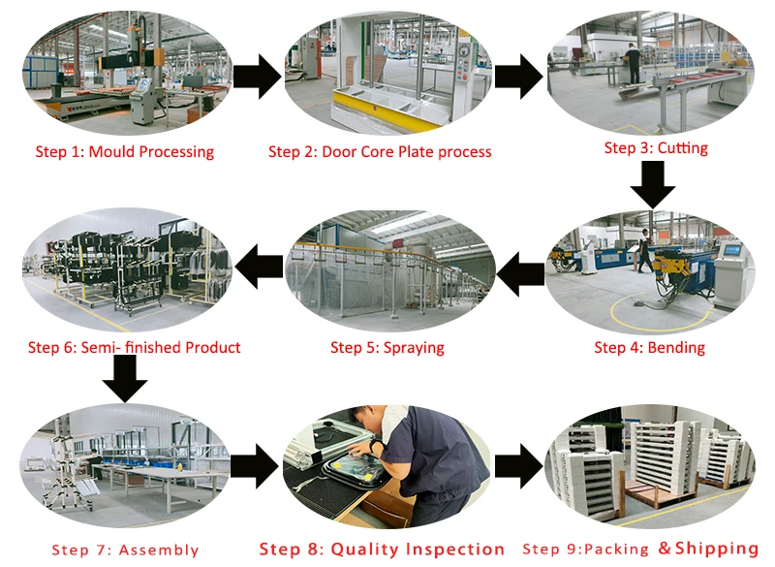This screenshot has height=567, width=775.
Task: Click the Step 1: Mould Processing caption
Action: [x=124, y=152]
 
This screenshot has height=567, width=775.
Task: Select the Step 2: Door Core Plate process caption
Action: [x=380, y=152]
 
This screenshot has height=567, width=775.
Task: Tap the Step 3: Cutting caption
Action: [x=656, y=148]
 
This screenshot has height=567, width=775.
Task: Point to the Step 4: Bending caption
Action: [x=649, y=348]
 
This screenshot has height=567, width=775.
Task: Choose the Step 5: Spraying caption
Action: [x=387, y=348]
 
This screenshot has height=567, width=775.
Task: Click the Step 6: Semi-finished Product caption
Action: [x=134, y=347]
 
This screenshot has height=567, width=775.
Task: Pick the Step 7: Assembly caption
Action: [x=125, y=551]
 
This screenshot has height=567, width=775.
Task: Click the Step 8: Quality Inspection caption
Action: [x=382, y=550]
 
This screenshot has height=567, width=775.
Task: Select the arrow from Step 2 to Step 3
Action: [x=518, y=77]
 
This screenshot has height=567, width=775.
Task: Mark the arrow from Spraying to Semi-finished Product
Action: [x=259, y=267]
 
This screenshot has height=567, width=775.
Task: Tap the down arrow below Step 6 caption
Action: [x=125, y=378]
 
